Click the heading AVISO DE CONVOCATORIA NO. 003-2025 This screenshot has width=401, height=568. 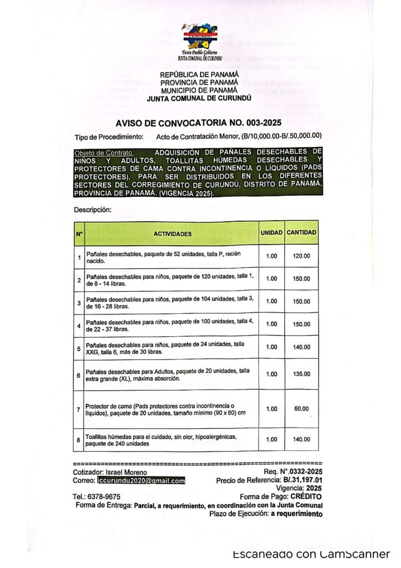coord(199,123)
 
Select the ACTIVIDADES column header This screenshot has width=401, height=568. coord(172,234)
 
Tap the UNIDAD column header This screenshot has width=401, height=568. coord(271,233)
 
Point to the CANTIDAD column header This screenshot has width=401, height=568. coord(301,233)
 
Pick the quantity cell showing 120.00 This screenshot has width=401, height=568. coord(301,256)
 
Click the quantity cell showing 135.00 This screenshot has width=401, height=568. coord(301,374)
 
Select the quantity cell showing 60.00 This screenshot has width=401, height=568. coord(301,409)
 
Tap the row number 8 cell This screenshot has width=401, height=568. coord(79,440)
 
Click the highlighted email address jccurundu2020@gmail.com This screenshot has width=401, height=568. coord(141,481)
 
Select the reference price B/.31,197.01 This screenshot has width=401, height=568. coord(303,481)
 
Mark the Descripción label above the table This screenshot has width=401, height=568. coord(93,210)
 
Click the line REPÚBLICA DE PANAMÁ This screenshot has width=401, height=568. coord(199,74)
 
